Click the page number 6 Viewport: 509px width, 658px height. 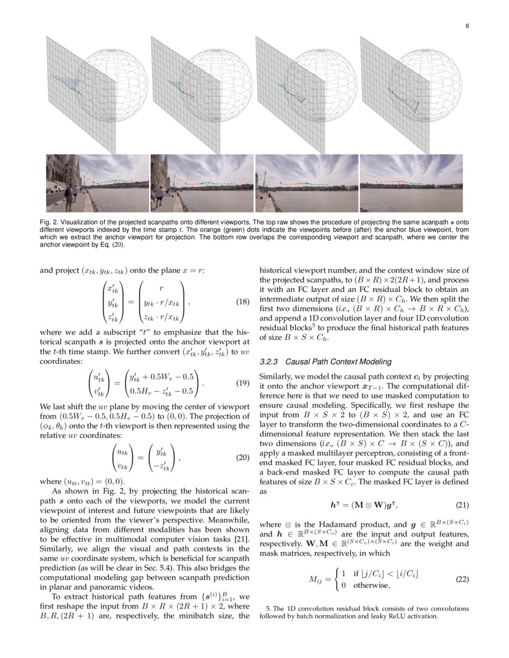point(466,26)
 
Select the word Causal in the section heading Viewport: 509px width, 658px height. point(297,362)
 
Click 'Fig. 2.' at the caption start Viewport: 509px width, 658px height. point(48,222)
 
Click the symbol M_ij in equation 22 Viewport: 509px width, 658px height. point(315,579)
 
